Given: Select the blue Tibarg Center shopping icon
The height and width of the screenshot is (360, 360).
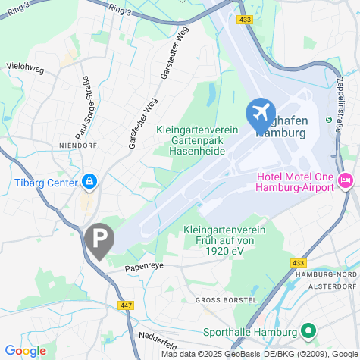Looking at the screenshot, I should coord(89,182).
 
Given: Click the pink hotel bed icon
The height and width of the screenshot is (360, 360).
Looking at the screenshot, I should coord(346,180).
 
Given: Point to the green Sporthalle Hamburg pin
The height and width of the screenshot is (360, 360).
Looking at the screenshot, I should coord(308,331).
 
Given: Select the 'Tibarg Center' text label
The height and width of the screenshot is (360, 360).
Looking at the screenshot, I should coord(46,183).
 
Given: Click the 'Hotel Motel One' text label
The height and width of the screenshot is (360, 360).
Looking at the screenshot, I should coord(296,177).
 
